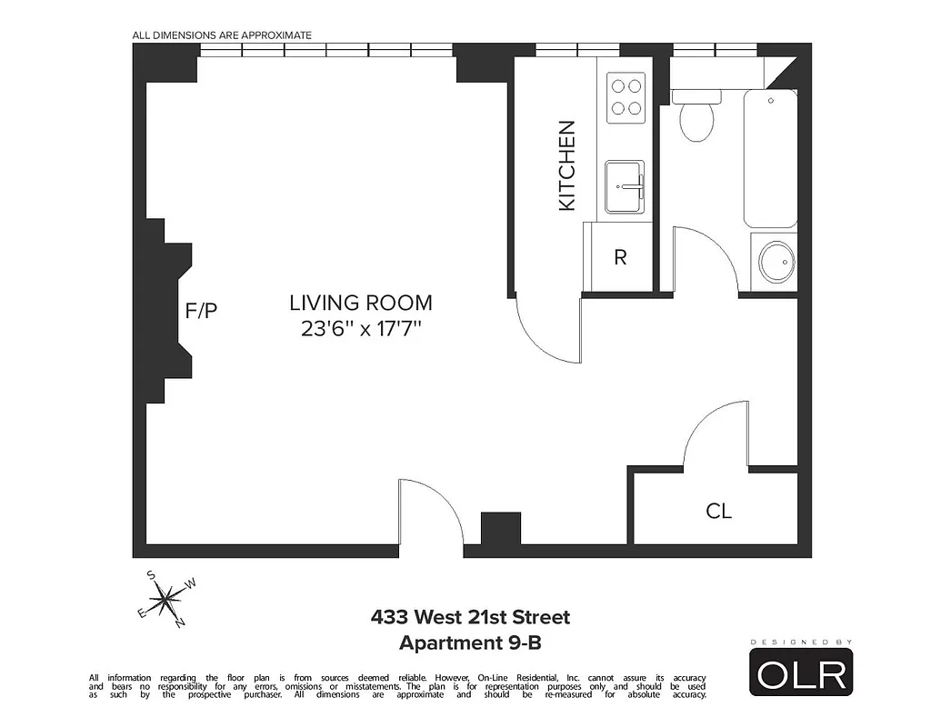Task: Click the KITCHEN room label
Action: tap(566, 166)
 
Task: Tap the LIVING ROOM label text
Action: tap(361, 304)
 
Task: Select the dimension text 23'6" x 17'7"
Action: tap(361, 329)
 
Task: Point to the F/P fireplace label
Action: tap(201, 312)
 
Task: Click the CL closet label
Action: tap(718, 512)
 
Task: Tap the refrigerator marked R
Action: tap(620, 257)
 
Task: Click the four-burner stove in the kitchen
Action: tap(625, 97)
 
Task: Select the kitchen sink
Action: tap(625, 187)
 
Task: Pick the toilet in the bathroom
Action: tap(697, 118)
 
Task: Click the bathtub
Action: tap(770, 159)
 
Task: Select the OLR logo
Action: tap(801, 672)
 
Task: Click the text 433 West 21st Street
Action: tap(470, 618)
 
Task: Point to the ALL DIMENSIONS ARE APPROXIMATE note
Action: tap(222, 35)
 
